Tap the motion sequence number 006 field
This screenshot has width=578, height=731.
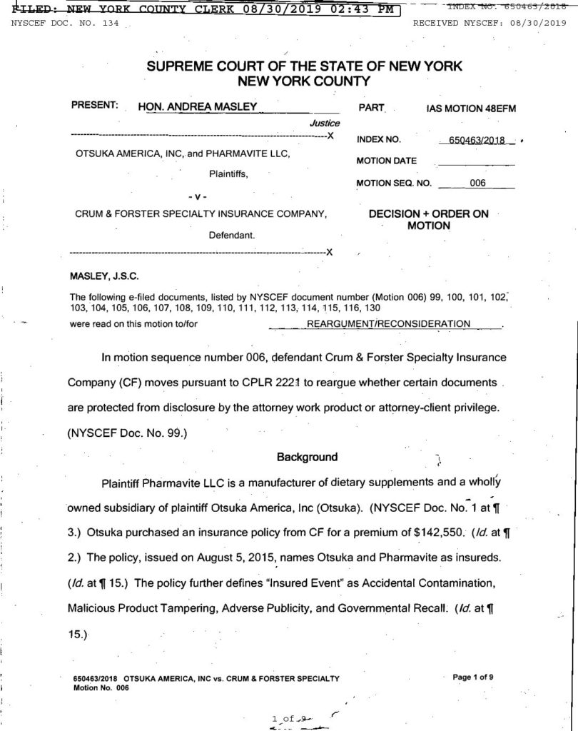pos(477,183)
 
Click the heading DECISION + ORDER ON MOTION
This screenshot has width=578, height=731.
pos(428,220)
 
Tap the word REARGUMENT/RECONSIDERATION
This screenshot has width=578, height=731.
pos(388,323)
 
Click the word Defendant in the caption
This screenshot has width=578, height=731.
pos(232,234)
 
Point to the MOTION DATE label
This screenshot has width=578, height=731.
pos(387,161)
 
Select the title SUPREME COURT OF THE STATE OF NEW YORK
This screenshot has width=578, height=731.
pos(305,66)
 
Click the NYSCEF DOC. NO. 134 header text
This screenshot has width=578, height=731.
pos(65,24)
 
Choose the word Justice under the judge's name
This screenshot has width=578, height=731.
pos(319,123)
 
